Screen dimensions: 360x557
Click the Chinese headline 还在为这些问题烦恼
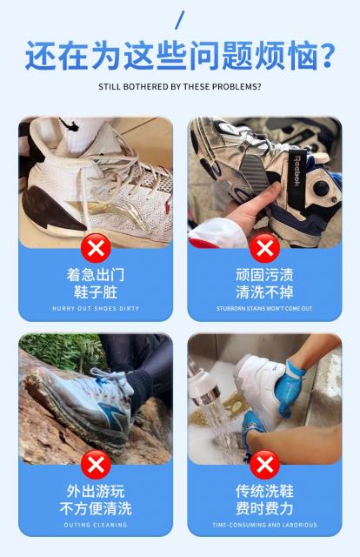(171, 56)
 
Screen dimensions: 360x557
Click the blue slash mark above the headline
(180, 20)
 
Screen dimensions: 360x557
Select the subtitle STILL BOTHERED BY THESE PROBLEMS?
(180, 87)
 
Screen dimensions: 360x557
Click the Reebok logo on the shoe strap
(297, 171)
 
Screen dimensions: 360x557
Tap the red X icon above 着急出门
(96, 247)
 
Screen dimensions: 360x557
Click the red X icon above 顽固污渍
(265, 247)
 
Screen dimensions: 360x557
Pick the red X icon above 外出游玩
(96, 464)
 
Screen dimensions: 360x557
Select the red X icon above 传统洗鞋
(265, 464)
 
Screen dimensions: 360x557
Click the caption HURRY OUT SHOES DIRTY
(96, 308)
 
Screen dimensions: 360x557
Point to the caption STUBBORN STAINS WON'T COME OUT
(264, 308)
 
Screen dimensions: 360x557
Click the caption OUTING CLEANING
(96, 525)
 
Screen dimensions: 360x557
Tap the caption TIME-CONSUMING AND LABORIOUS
(264, 525)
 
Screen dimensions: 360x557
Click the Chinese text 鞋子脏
(96, 292)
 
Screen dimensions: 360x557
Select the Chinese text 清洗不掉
(264, 292)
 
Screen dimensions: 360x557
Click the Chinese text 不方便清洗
(96, 508)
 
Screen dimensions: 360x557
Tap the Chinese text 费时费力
(264, 508)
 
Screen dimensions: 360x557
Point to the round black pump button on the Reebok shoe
(321, 187)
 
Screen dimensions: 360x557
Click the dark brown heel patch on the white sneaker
(50, 211)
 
